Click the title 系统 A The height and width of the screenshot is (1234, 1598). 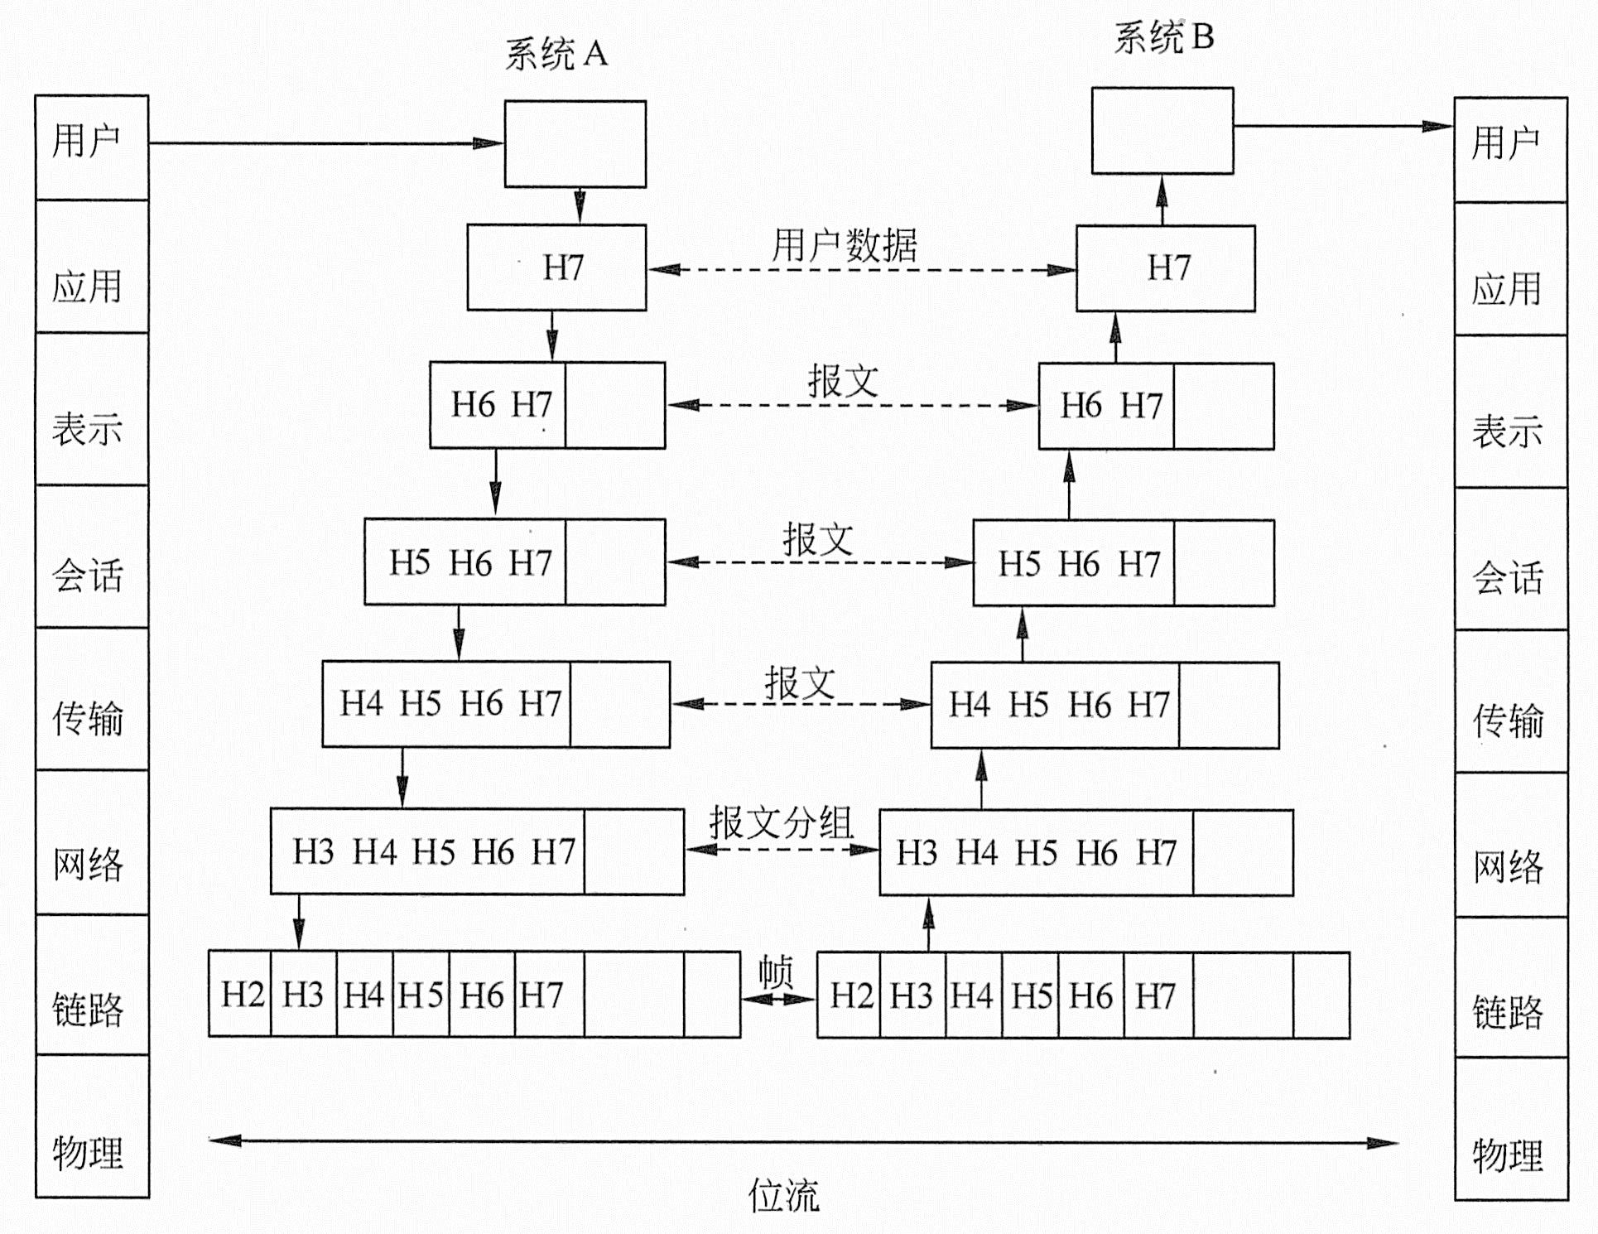click(x=556, y=55)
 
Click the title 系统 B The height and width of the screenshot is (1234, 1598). click(x=1163, y=37)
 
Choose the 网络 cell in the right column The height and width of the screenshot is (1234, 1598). click(x=1509, y=866)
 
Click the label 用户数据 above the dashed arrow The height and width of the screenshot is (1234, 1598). click(x=845, y=245)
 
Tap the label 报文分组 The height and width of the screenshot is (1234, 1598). click(x=781, y=822)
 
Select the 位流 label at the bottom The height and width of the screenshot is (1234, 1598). click(x=783, y=1195)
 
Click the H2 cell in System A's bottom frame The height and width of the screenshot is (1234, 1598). click(x=242, y=994)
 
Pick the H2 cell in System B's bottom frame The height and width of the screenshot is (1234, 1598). click(x=850, y=995)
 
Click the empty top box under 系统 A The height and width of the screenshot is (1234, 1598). click(x=575, y=144)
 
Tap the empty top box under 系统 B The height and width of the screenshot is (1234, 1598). click(x=1162, y=131)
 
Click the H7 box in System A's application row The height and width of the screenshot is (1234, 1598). click(x=556, y=268)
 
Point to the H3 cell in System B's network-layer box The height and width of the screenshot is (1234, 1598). click(x=917, y=853)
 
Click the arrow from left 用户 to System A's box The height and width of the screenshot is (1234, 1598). click(x=323, y=143)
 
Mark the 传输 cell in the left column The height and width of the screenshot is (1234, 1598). click(x=89, y=717)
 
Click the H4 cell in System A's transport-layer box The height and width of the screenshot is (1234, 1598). click(x=362, y=704)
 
